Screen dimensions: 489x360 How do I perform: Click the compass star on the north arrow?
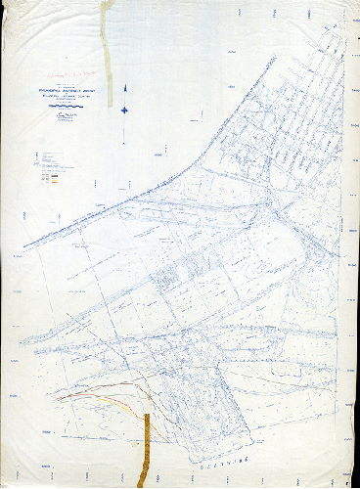[124, 109]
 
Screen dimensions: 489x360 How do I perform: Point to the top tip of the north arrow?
[124, 87]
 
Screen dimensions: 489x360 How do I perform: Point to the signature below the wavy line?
[62, 115]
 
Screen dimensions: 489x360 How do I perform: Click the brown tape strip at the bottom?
[145, 450]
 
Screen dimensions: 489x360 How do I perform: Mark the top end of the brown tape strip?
[146, 416]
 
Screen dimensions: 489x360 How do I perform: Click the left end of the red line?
[58, 398]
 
